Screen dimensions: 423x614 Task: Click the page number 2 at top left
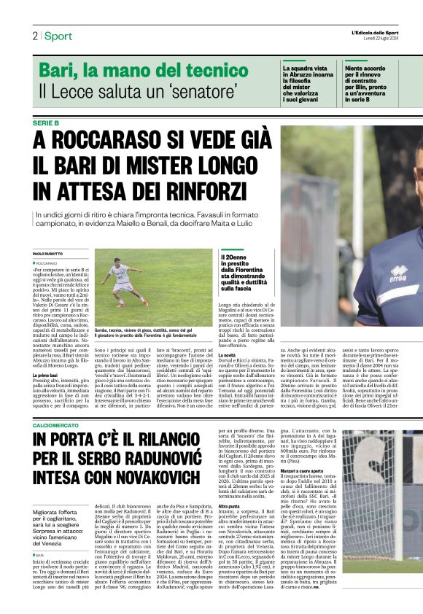(x=34, y=36)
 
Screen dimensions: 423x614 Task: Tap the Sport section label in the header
(x=58, y=36)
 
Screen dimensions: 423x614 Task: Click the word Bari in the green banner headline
(x=54, y=71)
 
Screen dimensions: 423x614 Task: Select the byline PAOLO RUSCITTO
(x=48, y=254)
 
